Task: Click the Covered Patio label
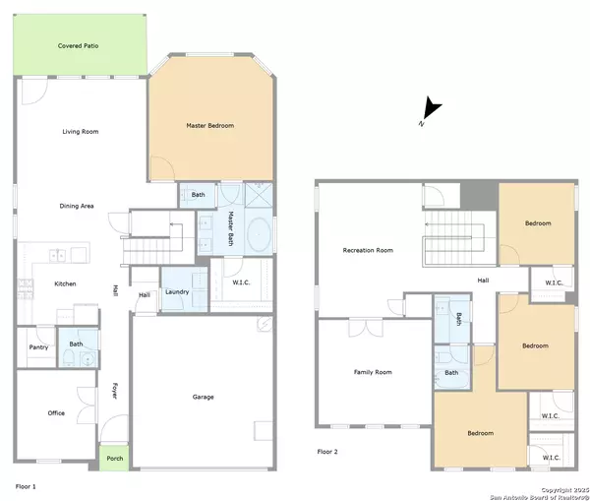click(x=79, y=46)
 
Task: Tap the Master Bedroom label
click(x=210, y=125)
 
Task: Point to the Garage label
click(x=204, y=397)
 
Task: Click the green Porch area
click(x=114, y=458)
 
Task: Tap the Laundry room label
click(x=177, y=292)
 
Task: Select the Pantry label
click(x=38, y=347)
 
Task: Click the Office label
click(x=56, y=412)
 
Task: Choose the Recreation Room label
click(x=368, y=250)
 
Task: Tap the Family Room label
click(x=373, y=372)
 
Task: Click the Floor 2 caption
click(x=327, y=452)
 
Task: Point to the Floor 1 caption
click(x=26, y=486)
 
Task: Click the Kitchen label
click(x=65, y=283)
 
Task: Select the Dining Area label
click(x=77, y=206)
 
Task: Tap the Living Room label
click(x=81, y=132)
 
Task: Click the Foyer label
click(x=115, y=391)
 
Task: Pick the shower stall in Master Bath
click(x=259, y=195)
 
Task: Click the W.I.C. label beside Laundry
click(x=241, y=282)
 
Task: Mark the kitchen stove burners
click(x=26, y=289)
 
